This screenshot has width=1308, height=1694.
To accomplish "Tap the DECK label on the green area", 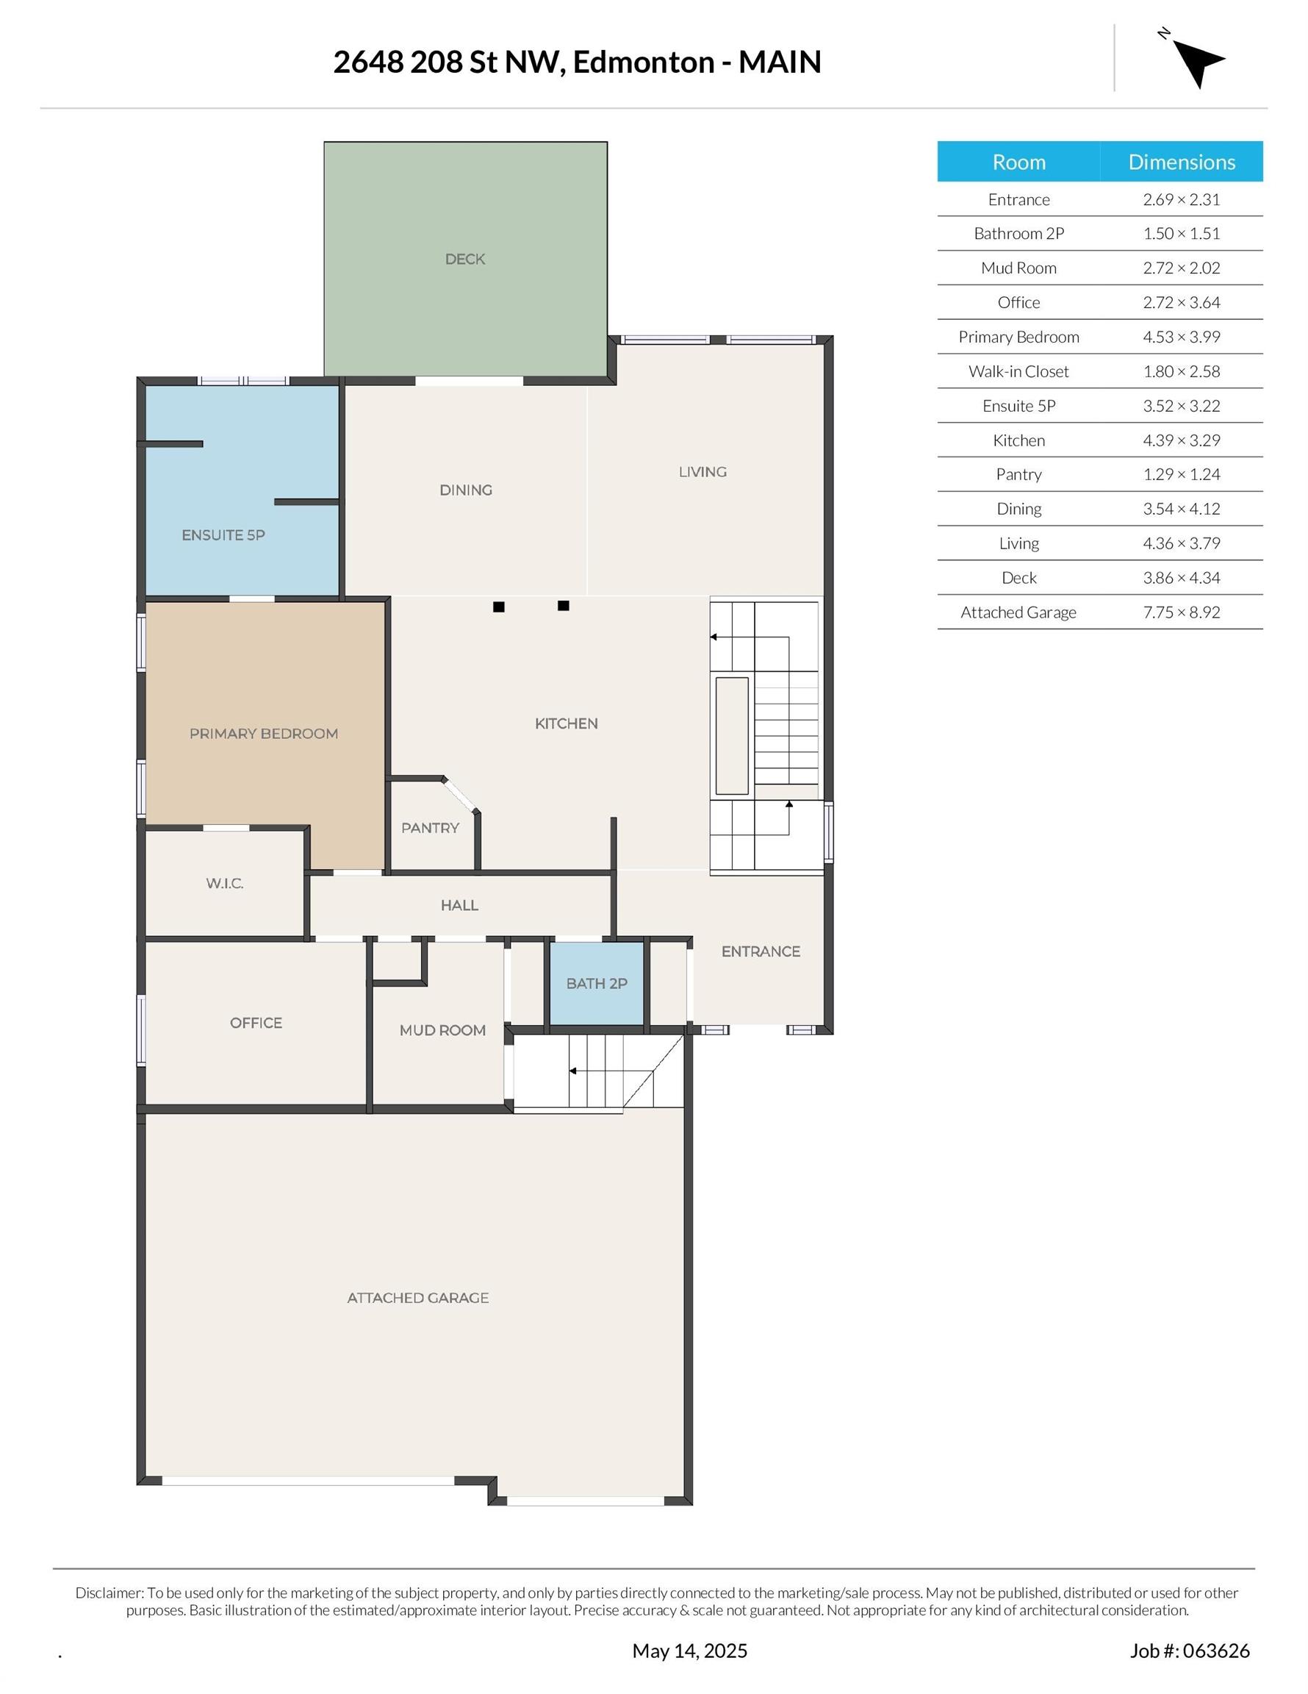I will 464,259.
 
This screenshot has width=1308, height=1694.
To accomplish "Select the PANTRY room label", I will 430,828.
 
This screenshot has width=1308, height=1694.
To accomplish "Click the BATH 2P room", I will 596,984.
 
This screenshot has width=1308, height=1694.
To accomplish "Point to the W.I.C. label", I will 225,884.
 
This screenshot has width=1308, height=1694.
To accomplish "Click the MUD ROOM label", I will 442,1030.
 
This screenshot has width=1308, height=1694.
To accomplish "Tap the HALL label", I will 459,905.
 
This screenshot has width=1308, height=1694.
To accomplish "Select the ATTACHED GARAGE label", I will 417,1298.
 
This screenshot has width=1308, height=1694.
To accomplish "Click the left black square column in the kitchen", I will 498,607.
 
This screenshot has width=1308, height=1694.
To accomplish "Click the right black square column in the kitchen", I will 564,606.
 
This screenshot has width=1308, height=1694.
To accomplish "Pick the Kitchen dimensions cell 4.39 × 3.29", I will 1181,440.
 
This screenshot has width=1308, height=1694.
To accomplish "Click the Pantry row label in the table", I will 1018,475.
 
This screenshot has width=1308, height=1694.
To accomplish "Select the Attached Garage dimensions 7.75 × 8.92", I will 1181,612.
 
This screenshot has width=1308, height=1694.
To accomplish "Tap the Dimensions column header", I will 1181,162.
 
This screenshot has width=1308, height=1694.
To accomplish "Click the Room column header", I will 1018,162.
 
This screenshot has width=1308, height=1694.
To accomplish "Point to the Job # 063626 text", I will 1189,1651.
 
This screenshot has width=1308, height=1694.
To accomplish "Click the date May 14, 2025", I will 689,1651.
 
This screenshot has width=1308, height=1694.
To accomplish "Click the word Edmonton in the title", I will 643,62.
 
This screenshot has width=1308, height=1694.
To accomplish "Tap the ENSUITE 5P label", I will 223,535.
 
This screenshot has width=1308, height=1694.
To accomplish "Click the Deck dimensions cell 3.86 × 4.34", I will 1181,578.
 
